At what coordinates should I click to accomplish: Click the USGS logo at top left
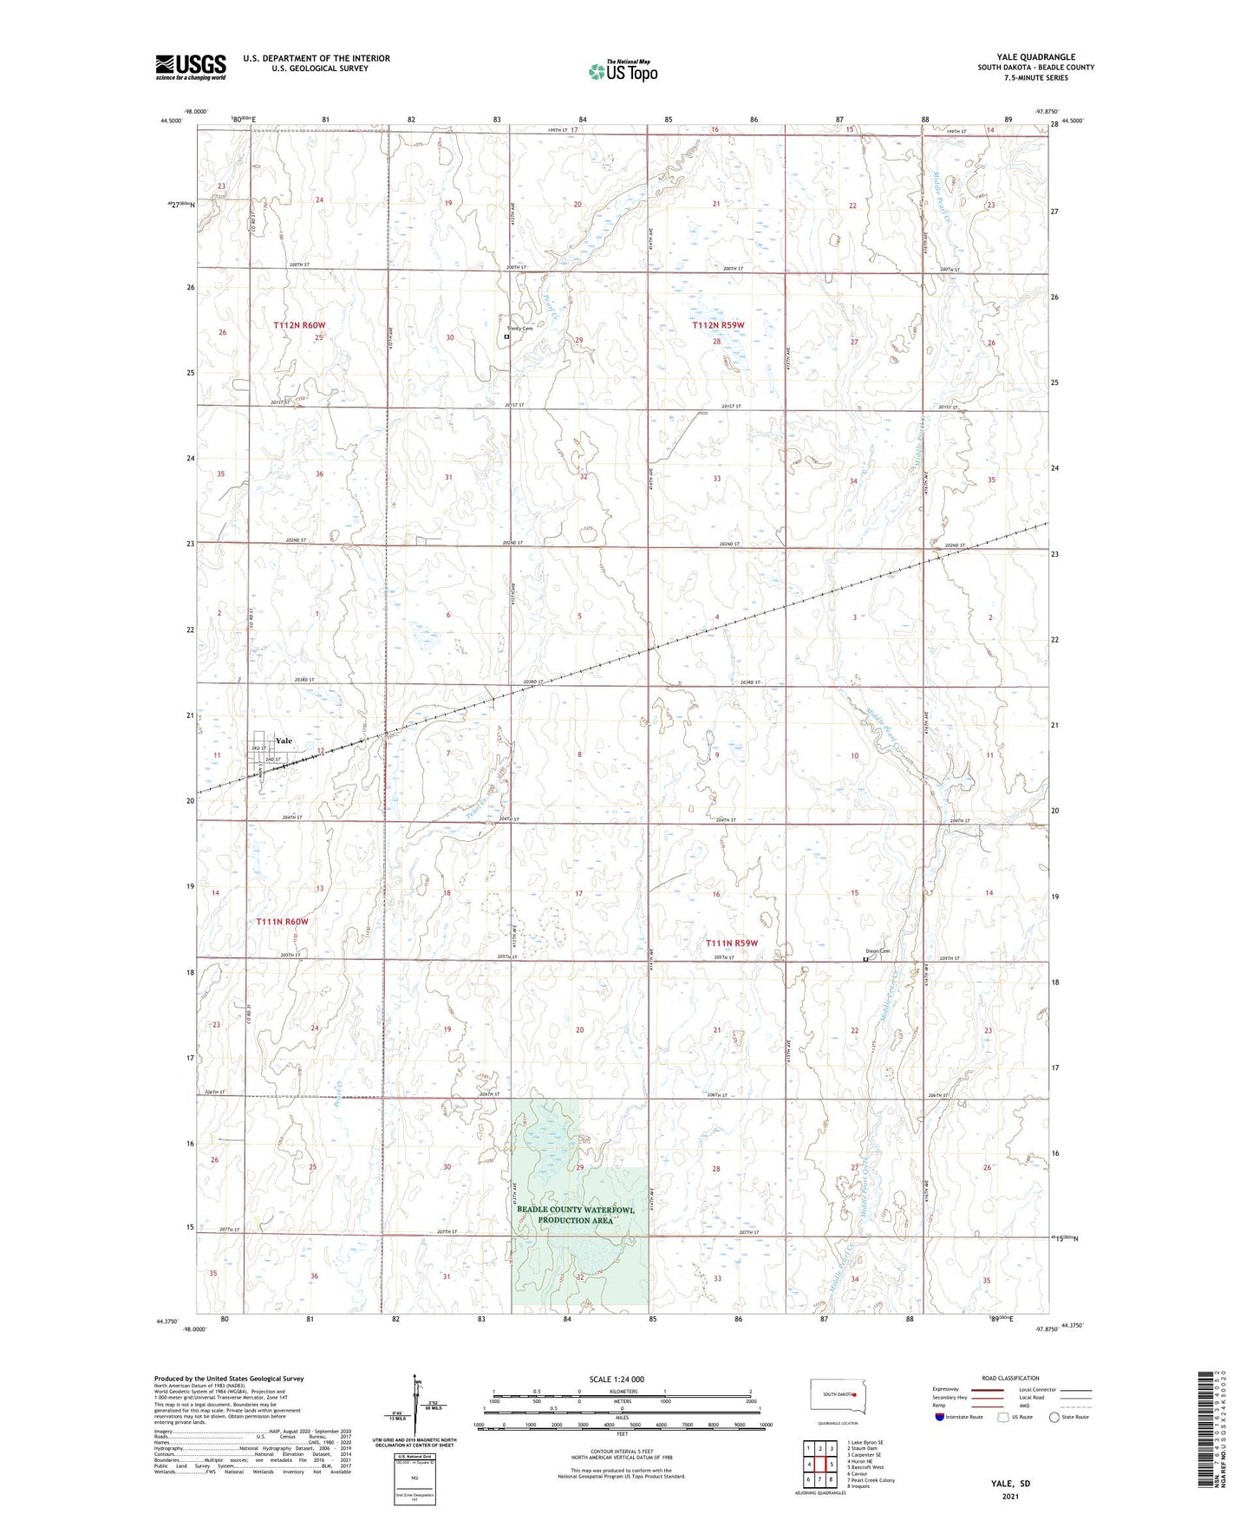[x=191, y=66]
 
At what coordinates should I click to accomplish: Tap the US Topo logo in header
[x=623, y=71]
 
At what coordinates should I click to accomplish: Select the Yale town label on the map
[x=284, y=741]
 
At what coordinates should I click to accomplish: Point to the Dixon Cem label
[x=877, y=951]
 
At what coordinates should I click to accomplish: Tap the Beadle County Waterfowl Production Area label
[x=576, y=1215]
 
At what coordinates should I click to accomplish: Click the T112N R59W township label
[x=718, y=325]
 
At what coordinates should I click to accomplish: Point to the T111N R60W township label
[x=282, y=921]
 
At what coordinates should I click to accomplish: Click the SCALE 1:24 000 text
[x=617, y=1379]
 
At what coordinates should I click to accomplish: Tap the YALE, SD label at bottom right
[x=1010, y=1484]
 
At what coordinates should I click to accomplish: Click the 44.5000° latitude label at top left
[x=171, y=121]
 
